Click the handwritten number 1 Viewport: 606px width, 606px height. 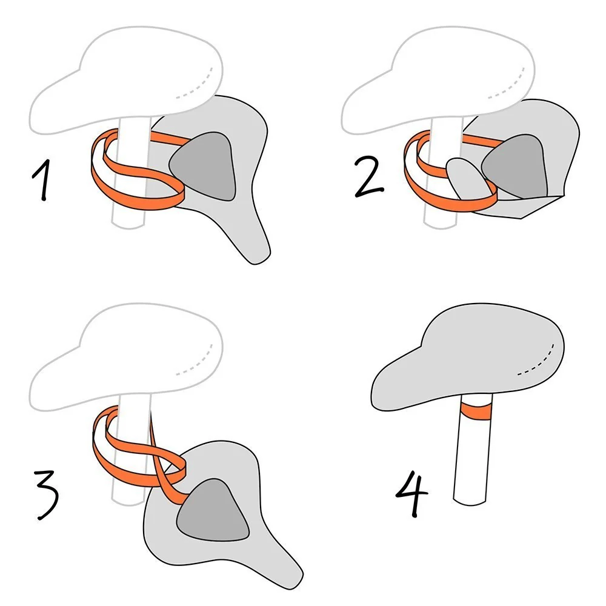coord(42,180)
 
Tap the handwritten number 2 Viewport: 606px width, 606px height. coord(368,177)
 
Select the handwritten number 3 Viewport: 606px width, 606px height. coord(47,495)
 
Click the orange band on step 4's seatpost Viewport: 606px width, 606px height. coord(476,411)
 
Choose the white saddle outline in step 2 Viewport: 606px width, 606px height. coord(438,81)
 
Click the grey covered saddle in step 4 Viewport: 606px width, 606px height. coord(467,357)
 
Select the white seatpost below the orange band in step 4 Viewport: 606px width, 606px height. coord(471,462)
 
